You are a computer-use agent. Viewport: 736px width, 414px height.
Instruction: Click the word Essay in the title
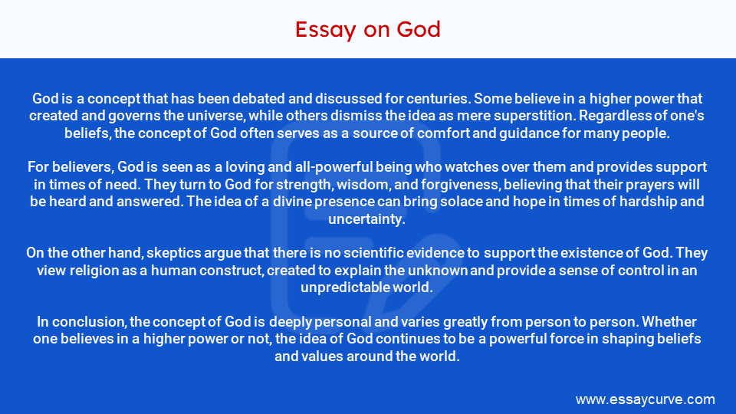tap(325, 30)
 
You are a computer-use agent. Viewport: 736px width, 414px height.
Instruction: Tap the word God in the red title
tap(419, 30)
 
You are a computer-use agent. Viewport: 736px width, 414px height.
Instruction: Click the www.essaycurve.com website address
tap(645, 399)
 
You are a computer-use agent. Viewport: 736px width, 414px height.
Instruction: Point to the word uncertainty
tap(367, 219)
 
